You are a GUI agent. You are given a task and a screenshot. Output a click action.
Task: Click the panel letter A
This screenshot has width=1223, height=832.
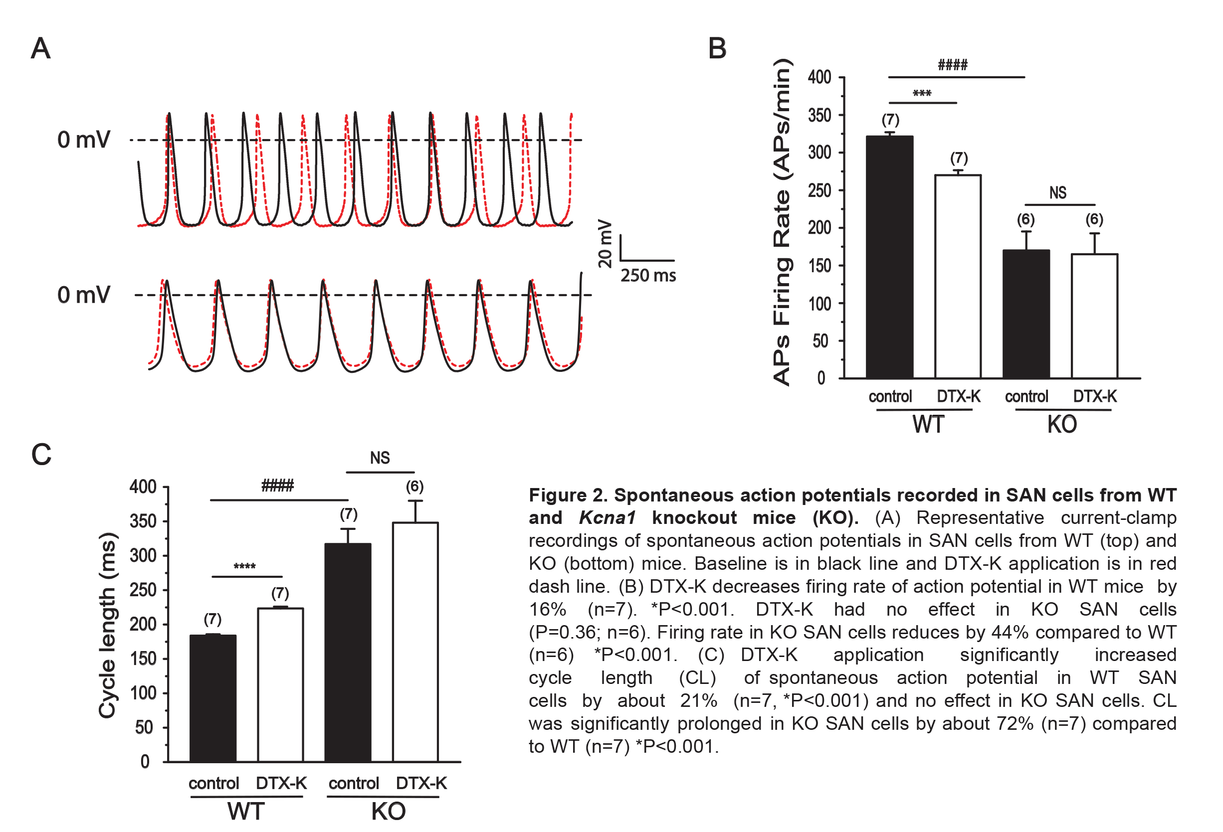coord(40,48)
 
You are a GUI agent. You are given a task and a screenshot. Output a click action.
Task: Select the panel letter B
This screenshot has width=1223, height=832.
coord(717,48)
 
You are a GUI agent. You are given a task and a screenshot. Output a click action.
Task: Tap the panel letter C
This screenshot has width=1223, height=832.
coord(41,455)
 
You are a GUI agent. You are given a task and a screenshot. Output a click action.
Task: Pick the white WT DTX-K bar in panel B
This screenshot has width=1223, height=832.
coord(958,276)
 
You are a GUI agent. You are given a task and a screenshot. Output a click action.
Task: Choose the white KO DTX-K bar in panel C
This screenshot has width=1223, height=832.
coord(415,642)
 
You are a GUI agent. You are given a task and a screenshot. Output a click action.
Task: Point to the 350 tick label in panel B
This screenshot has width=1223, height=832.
coord(820,115)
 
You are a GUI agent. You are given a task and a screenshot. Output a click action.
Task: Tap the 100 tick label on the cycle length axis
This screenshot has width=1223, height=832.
coord(143,693)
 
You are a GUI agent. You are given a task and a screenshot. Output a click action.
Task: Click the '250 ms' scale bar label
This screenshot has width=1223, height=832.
coord(648,276)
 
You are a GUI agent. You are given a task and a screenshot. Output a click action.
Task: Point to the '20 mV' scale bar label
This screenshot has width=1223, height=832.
coord(605,243)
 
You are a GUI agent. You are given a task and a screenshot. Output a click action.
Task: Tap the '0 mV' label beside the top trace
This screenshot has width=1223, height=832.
coord(84,140)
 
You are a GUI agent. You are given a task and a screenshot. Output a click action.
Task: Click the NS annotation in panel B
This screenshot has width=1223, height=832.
coord(1058,192)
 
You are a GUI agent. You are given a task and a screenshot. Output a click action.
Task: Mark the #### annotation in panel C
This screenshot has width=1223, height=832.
coord(277,485)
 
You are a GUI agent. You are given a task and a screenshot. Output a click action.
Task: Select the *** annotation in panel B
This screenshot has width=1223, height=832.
coord(922,94)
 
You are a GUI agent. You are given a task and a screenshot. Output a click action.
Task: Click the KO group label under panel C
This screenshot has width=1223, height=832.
coord(389,812)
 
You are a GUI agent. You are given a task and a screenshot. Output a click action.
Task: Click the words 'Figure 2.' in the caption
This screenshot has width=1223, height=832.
coord(568,496)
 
